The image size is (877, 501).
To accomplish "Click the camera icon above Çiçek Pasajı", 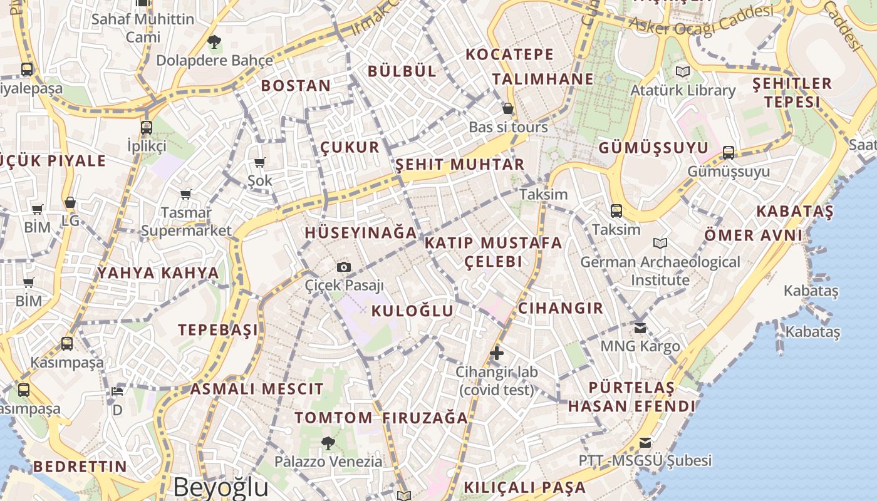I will [343, 267].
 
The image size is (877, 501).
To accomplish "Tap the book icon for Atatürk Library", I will [682, 72].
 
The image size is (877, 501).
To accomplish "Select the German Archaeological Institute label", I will [660, 271].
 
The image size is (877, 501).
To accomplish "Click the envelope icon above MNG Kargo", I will [640, 328].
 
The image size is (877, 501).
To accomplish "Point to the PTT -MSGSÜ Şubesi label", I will [645, 461].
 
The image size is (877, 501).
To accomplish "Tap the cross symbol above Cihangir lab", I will [497, 353].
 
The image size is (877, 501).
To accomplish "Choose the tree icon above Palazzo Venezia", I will [328, 444].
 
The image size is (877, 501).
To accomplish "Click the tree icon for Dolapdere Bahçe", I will [214, 43].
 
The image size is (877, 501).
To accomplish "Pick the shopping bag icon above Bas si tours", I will [508, 109].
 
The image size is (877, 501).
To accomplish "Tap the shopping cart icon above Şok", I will [259, 163].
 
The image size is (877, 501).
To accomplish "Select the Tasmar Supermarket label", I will [186, 222].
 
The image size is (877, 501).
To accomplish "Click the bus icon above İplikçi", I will [147, 128].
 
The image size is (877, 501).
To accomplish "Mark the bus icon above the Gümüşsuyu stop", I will [728, 152].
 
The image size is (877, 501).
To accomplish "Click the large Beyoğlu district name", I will [221, 487].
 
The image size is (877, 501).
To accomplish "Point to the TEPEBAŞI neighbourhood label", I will [218, 330].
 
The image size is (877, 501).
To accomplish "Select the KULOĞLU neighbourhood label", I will [412, 311].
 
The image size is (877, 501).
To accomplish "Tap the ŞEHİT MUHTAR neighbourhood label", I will [460, 165].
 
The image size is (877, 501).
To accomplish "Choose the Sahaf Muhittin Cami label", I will [143, 28].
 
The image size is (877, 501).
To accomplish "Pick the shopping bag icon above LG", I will [70, 203].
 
